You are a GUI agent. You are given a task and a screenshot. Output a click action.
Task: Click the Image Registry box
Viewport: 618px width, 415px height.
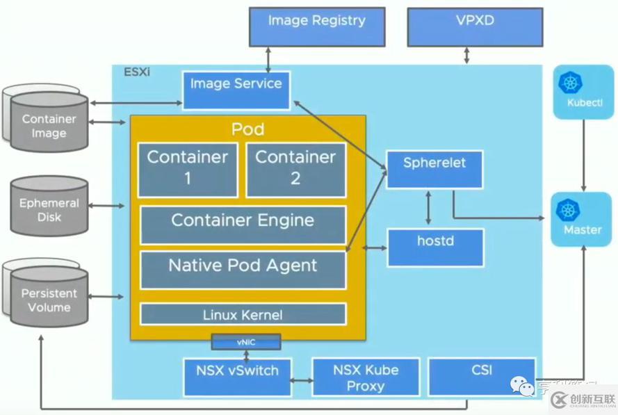(x=316, y=26)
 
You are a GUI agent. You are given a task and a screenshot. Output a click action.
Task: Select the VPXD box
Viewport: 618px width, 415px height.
(x=475, y=26)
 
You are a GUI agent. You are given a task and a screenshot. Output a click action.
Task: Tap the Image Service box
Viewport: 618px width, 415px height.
(x=236, y=90)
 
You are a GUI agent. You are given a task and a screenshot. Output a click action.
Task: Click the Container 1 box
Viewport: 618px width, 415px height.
(x=188, y=169)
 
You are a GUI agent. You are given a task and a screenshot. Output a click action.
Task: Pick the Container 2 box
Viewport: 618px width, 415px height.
(x=295, y=169)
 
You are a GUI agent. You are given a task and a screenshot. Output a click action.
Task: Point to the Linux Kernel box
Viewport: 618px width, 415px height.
(x=243, y=314)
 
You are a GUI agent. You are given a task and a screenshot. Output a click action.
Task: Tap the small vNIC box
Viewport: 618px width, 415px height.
(x=247, y=341)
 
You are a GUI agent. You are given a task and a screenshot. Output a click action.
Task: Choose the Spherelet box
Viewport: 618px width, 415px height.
(x=434, y=168)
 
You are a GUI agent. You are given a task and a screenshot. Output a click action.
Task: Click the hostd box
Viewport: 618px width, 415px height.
(x=434, y=246)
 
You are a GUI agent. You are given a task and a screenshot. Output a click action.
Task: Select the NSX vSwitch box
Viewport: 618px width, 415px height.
(x=236, y=376)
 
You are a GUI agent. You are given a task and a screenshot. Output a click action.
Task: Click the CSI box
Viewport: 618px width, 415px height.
(x=481, y=376)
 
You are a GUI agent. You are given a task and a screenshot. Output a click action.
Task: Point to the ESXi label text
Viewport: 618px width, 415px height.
(x=136, y=72)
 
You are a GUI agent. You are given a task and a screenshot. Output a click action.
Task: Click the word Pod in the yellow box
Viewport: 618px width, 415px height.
(x=247, y=129)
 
